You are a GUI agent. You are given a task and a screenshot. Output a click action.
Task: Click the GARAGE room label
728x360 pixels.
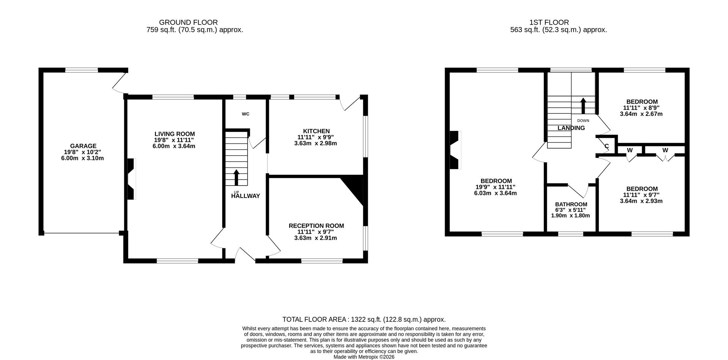pos(83,146)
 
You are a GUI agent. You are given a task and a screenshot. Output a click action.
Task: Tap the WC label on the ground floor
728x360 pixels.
pos(245,114)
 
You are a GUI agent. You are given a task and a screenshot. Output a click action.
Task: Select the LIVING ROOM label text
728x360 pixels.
pos(174,134)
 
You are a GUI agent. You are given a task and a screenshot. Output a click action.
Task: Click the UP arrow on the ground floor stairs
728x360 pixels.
pos(236,177)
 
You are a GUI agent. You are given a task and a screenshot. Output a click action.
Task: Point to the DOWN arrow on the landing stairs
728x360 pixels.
pos(583,106)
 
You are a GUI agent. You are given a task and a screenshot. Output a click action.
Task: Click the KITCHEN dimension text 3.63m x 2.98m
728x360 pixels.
pos(315,143)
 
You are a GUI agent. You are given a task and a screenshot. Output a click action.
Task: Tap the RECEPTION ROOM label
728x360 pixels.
pos(316,226)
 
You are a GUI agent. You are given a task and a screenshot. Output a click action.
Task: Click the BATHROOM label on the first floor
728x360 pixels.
pos(571,204)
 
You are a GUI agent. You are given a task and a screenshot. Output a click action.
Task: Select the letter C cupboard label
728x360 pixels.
pos(607,146)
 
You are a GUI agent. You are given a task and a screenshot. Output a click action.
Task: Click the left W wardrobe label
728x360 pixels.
pos(630,150)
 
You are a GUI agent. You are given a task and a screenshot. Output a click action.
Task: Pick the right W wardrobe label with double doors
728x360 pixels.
pos(665,150)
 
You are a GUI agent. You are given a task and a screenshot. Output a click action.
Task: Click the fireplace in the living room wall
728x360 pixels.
pos(131,179)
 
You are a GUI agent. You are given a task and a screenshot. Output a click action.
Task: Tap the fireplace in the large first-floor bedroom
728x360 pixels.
pos(455,150)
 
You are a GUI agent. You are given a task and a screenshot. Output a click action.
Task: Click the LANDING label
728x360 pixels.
pos(571,128)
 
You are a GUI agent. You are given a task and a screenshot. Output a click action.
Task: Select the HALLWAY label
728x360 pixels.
pos(245,196)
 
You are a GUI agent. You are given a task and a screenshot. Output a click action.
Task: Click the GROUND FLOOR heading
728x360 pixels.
pos(188,22)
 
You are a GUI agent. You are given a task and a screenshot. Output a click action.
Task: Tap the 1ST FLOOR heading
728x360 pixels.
pos(549,22)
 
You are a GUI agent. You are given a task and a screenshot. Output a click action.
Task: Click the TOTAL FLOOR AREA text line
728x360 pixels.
pos(364,319)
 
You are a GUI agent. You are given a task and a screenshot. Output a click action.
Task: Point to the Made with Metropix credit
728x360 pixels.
pos(364,357)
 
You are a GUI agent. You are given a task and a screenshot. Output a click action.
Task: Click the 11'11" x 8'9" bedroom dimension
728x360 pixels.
pos(641,108)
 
